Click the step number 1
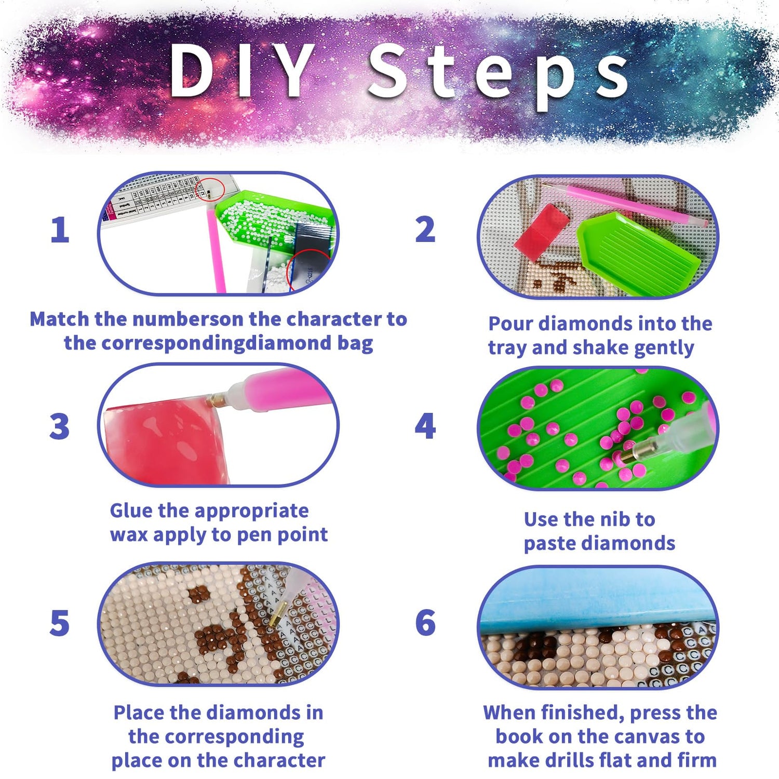(60, 230)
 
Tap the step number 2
(425, 230)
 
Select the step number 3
(60, 426)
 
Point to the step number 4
(425, 426)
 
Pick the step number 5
(60, 623)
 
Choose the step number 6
(425, 623)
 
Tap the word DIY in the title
(241, 70)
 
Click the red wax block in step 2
(542, 232)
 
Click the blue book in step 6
(597, 600)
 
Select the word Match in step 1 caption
(59, 319)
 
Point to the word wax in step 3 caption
(129, 534)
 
